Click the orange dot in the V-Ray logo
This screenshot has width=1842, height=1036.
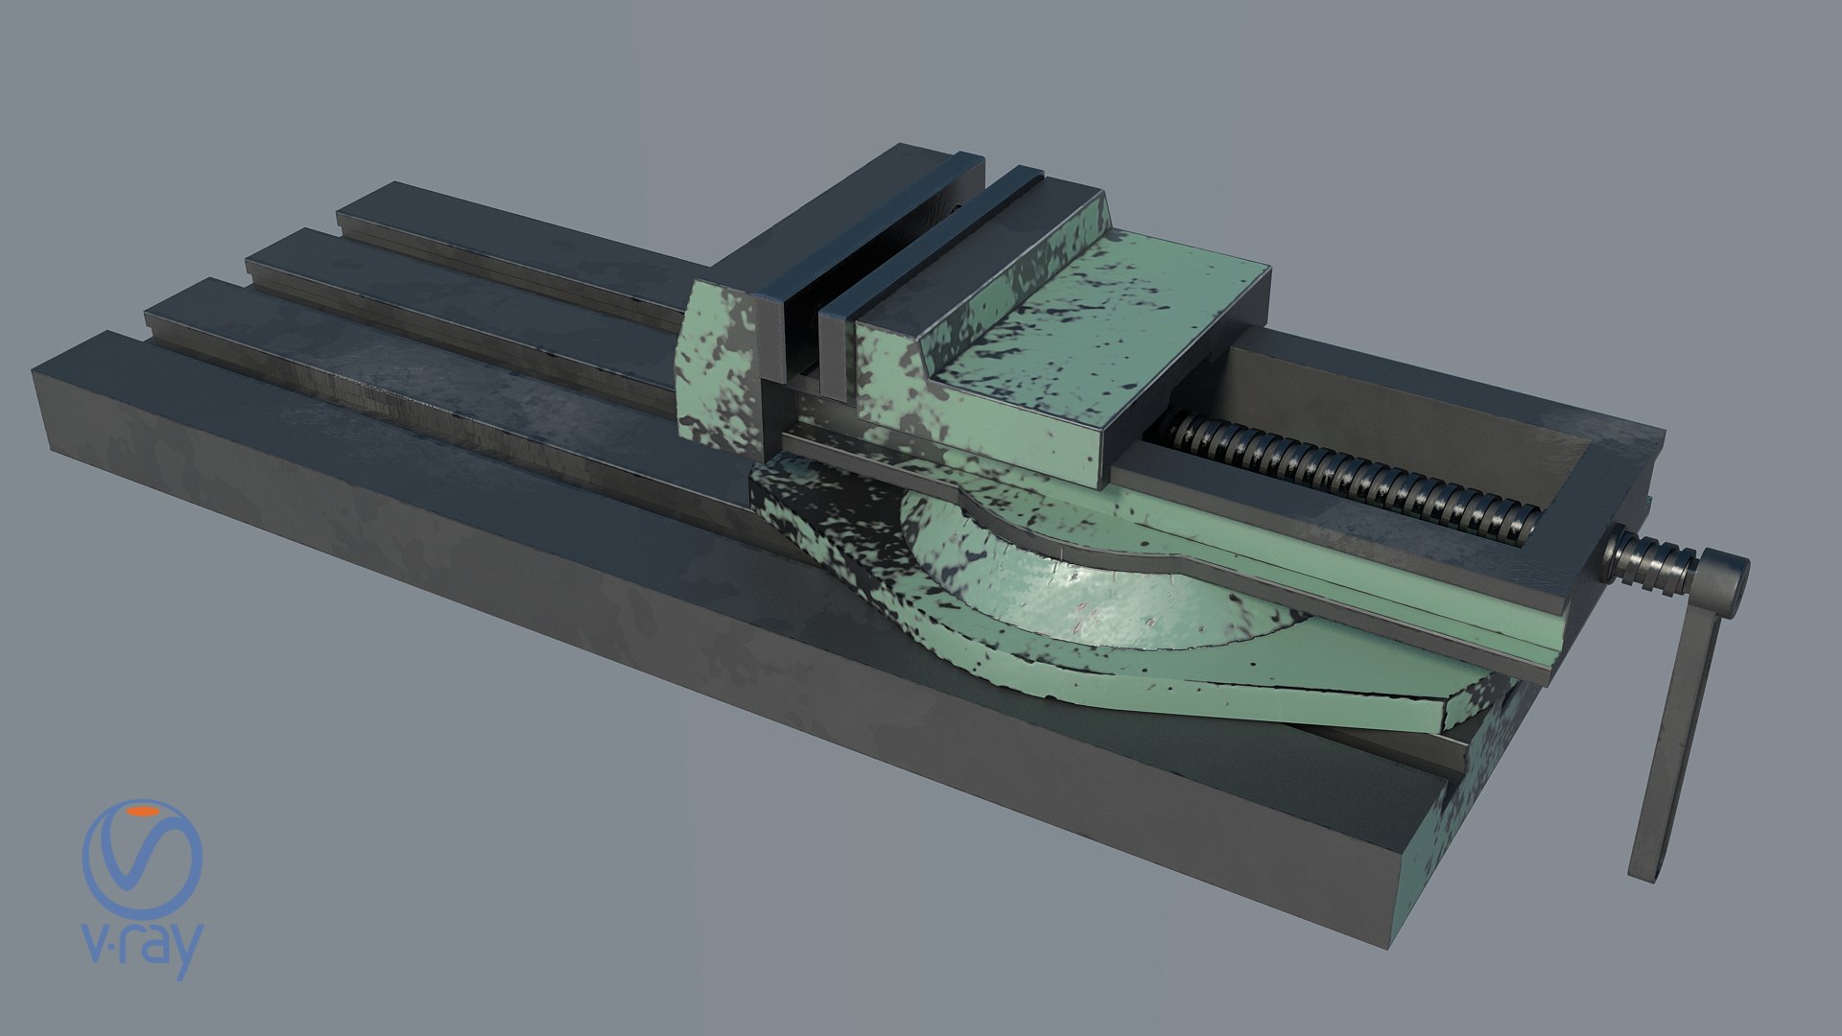coord(146,812)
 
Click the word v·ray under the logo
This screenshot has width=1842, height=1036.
coord(143,951)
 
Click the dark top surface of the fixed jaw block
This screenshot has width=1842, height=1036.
coord(844,211)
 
